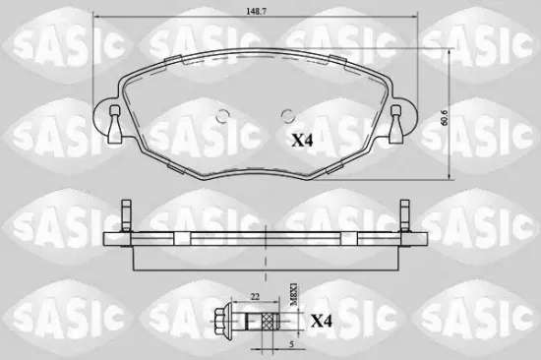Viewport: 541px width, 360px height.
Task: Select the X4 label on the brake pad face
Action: click(304, 140)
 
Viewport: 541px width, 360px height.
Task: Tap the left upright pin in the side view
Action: click(125, 215)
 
